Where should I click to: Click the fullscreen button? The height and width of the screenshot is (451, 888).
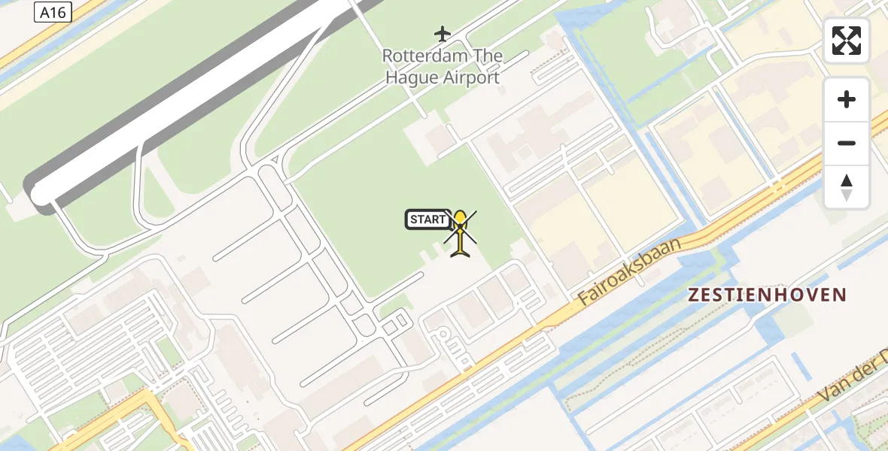[847, 41]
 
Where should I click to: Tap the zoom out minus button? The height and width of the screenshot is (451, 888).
[847, 143]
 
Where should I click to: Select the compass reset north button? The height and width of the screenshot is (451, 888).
[847, 187]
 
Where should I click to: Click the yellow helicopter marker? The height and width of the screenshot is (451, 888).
[460, 234]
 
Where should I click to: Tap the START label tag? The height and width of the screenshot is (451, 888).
[428, 219]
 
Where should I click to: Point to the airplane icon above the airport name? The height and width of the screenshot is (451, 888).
[442, 34]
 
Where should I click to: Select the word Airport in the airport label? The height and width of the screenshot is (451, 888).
[470, 77]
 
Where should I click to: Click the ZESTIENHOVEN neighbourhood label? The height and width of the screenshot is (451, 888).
[767, 295]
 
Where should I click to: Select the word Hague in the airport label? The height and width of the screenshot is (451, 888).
[411, 77]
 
